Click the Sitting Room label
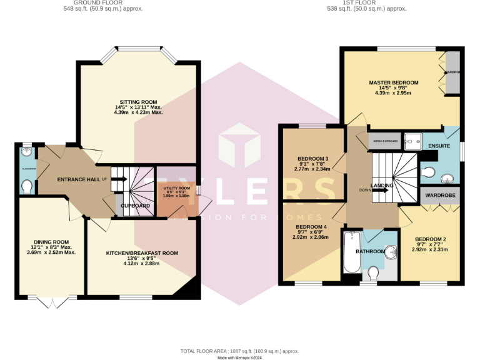(x=138, y=102)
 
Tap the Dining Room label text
(x=51, y=242)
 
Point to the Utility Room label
(x=176, y=188)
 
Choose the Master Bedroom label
(x=393, y=82)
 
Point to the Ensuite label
(x=439, y=146)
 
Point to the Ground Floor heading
(x=103, y=2)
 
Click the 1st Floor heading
(x=367, y=2)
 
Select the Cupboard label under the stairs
(x=134, y=206)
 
